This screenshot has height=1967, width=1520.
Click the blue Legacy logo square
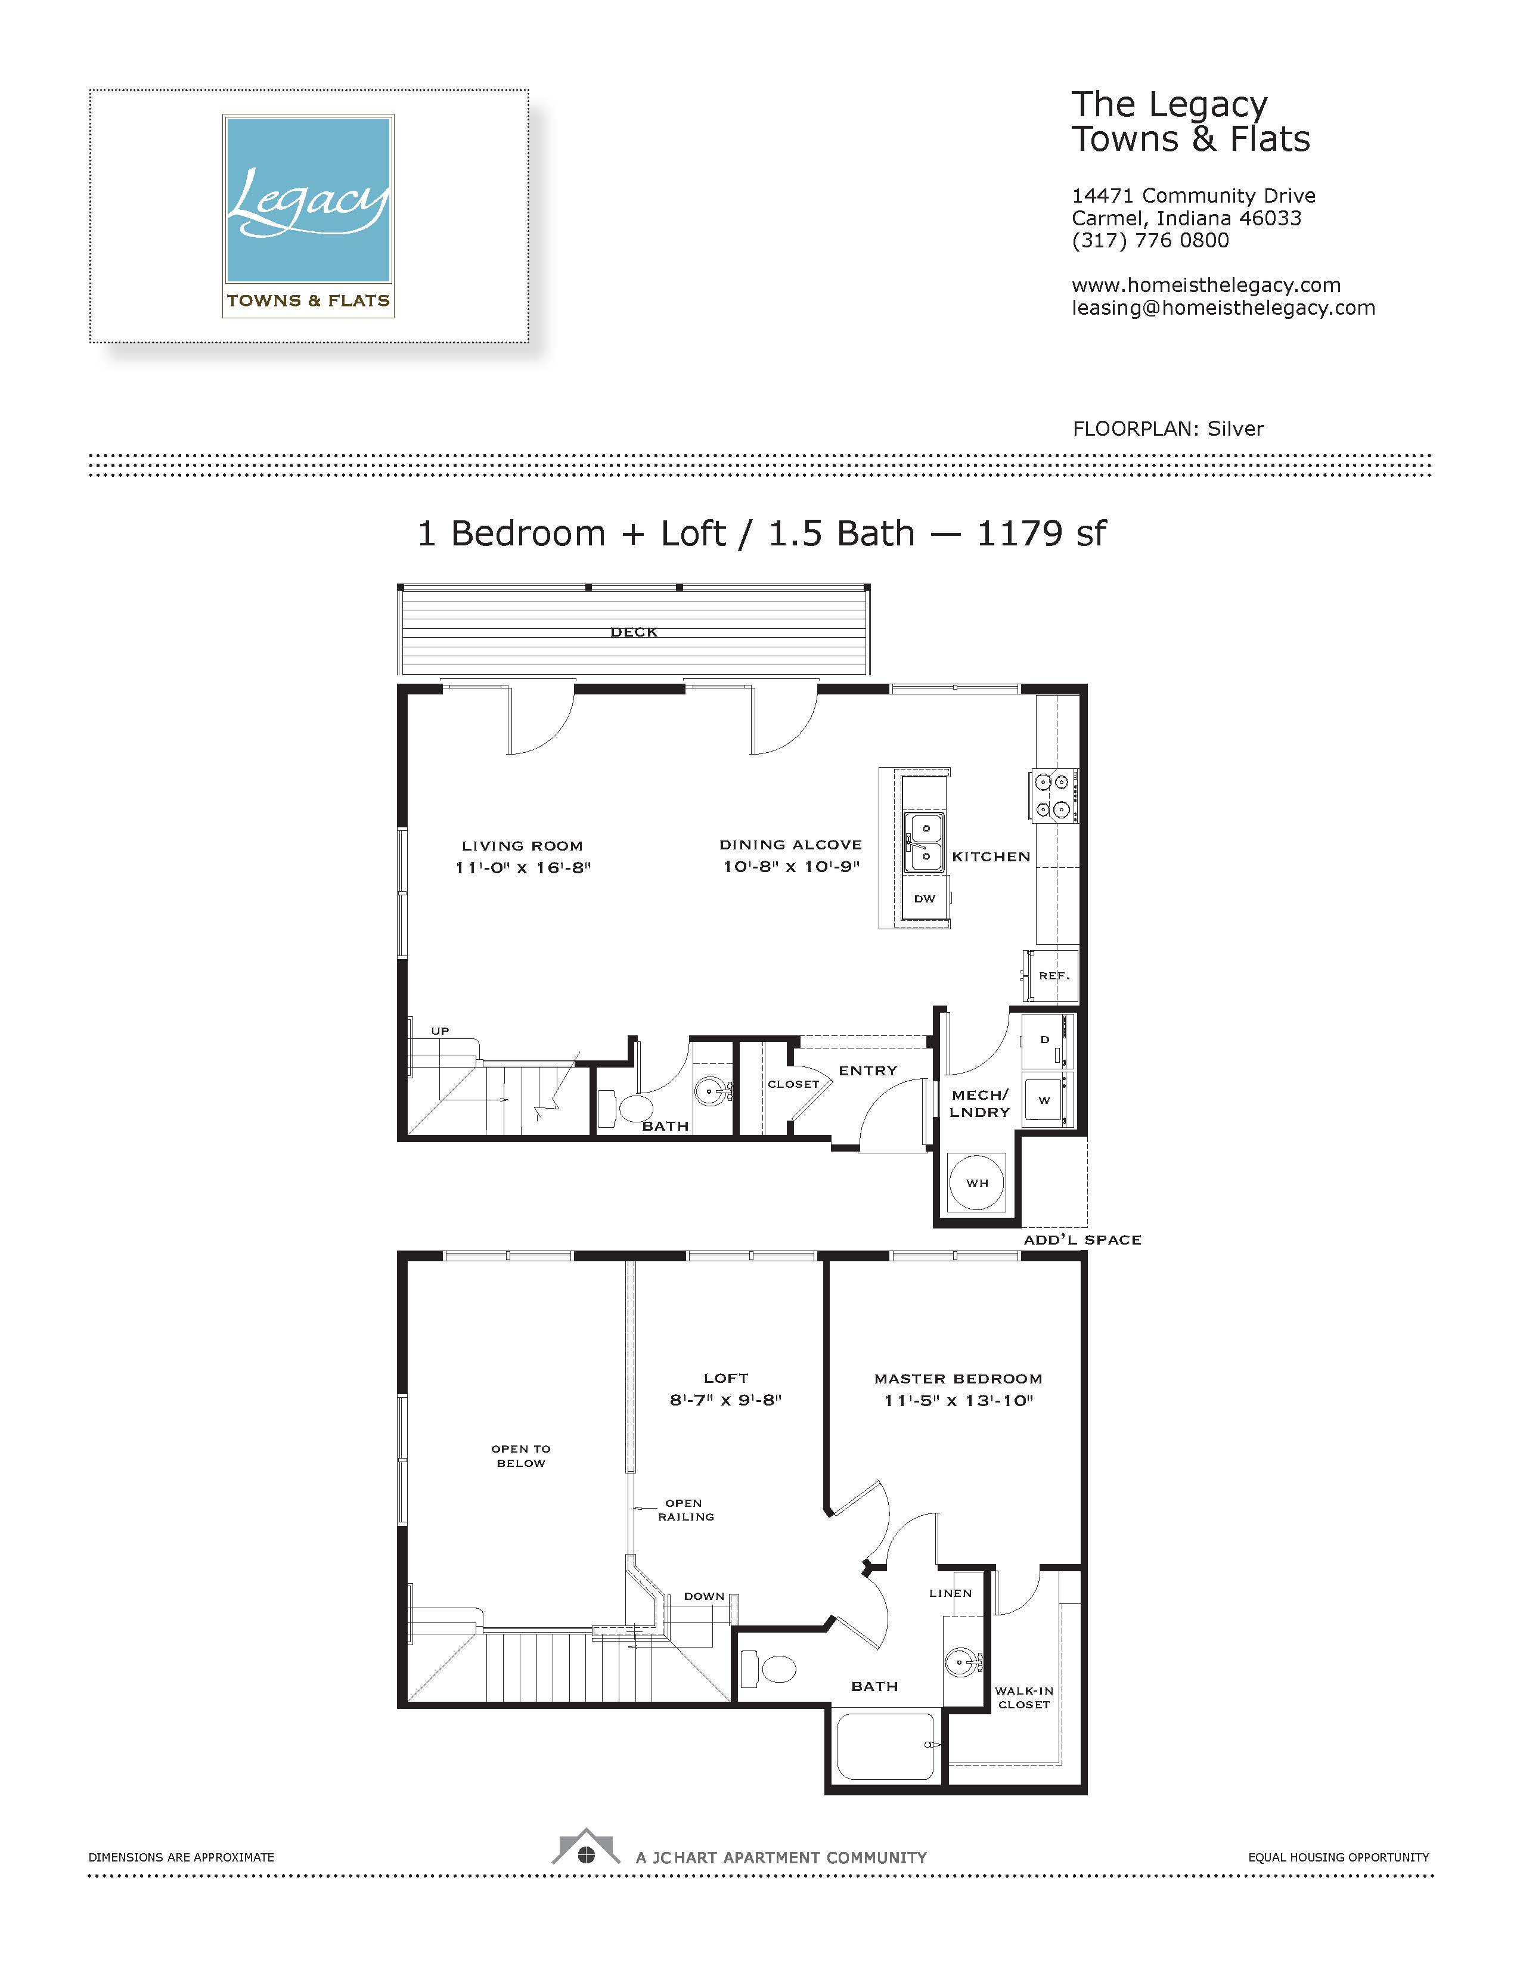click(308, 199)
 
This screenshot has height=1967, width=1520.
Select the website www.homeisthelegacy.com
click(1206, 286)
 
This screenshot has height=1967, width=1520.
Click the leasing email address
click(1223, 308)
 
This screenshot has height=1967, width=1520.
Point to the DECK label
click(634, 632)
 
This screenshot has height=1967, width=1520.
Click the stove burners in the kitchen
click(1053, 796)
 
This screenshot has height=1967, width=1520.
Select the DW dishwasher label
click(925, 899)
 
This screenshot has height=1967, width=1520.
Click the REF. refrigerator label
click(1053, 975)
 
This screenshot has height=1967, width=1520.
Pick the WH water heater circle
click(977, 1183)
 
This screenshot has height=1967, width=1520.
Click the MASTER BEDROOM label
click(958, 1379)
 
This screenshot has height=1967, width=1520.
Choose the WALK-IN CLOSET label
click(1024, 1698)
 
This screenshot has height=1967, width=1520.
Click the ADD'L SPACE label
click(1082, 1240)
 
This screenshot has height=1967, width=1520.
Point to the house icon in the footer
click(586, 1847)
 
